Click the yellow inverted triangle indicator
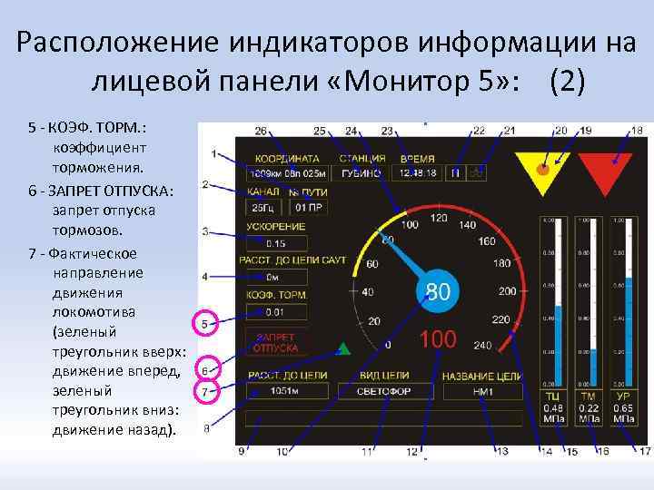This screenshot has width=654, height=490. (x=541, y=168)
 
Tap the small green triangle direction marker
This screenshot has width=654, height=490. (x=343, y=348)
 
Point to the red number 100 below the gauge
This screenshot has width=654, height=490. (x=438, y=339)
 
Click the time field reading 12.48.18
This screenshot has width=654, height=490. (x=417, y=172)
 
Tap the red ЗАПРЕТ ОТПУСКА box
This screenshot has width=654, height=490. (x=276, y=342)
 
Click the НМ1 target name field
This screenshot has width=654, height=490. (x=482, y=392)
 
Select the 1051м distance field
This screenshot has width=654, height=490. (x=278, y=391)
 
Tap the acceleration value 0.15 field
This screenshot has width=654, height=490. (x=276, y=243)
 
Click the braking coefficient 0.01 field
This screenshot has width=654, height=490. (x=276, y=312)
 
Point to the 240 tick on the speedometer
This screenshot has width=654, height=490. (x=482, y=346)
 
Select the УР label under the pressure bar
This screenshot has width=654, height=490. (x=623, y=397)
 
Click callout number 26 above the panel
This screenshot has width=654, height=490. (x=261, y=131)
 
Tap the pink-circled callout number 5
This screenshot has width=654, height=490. (x=206, y=323)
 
